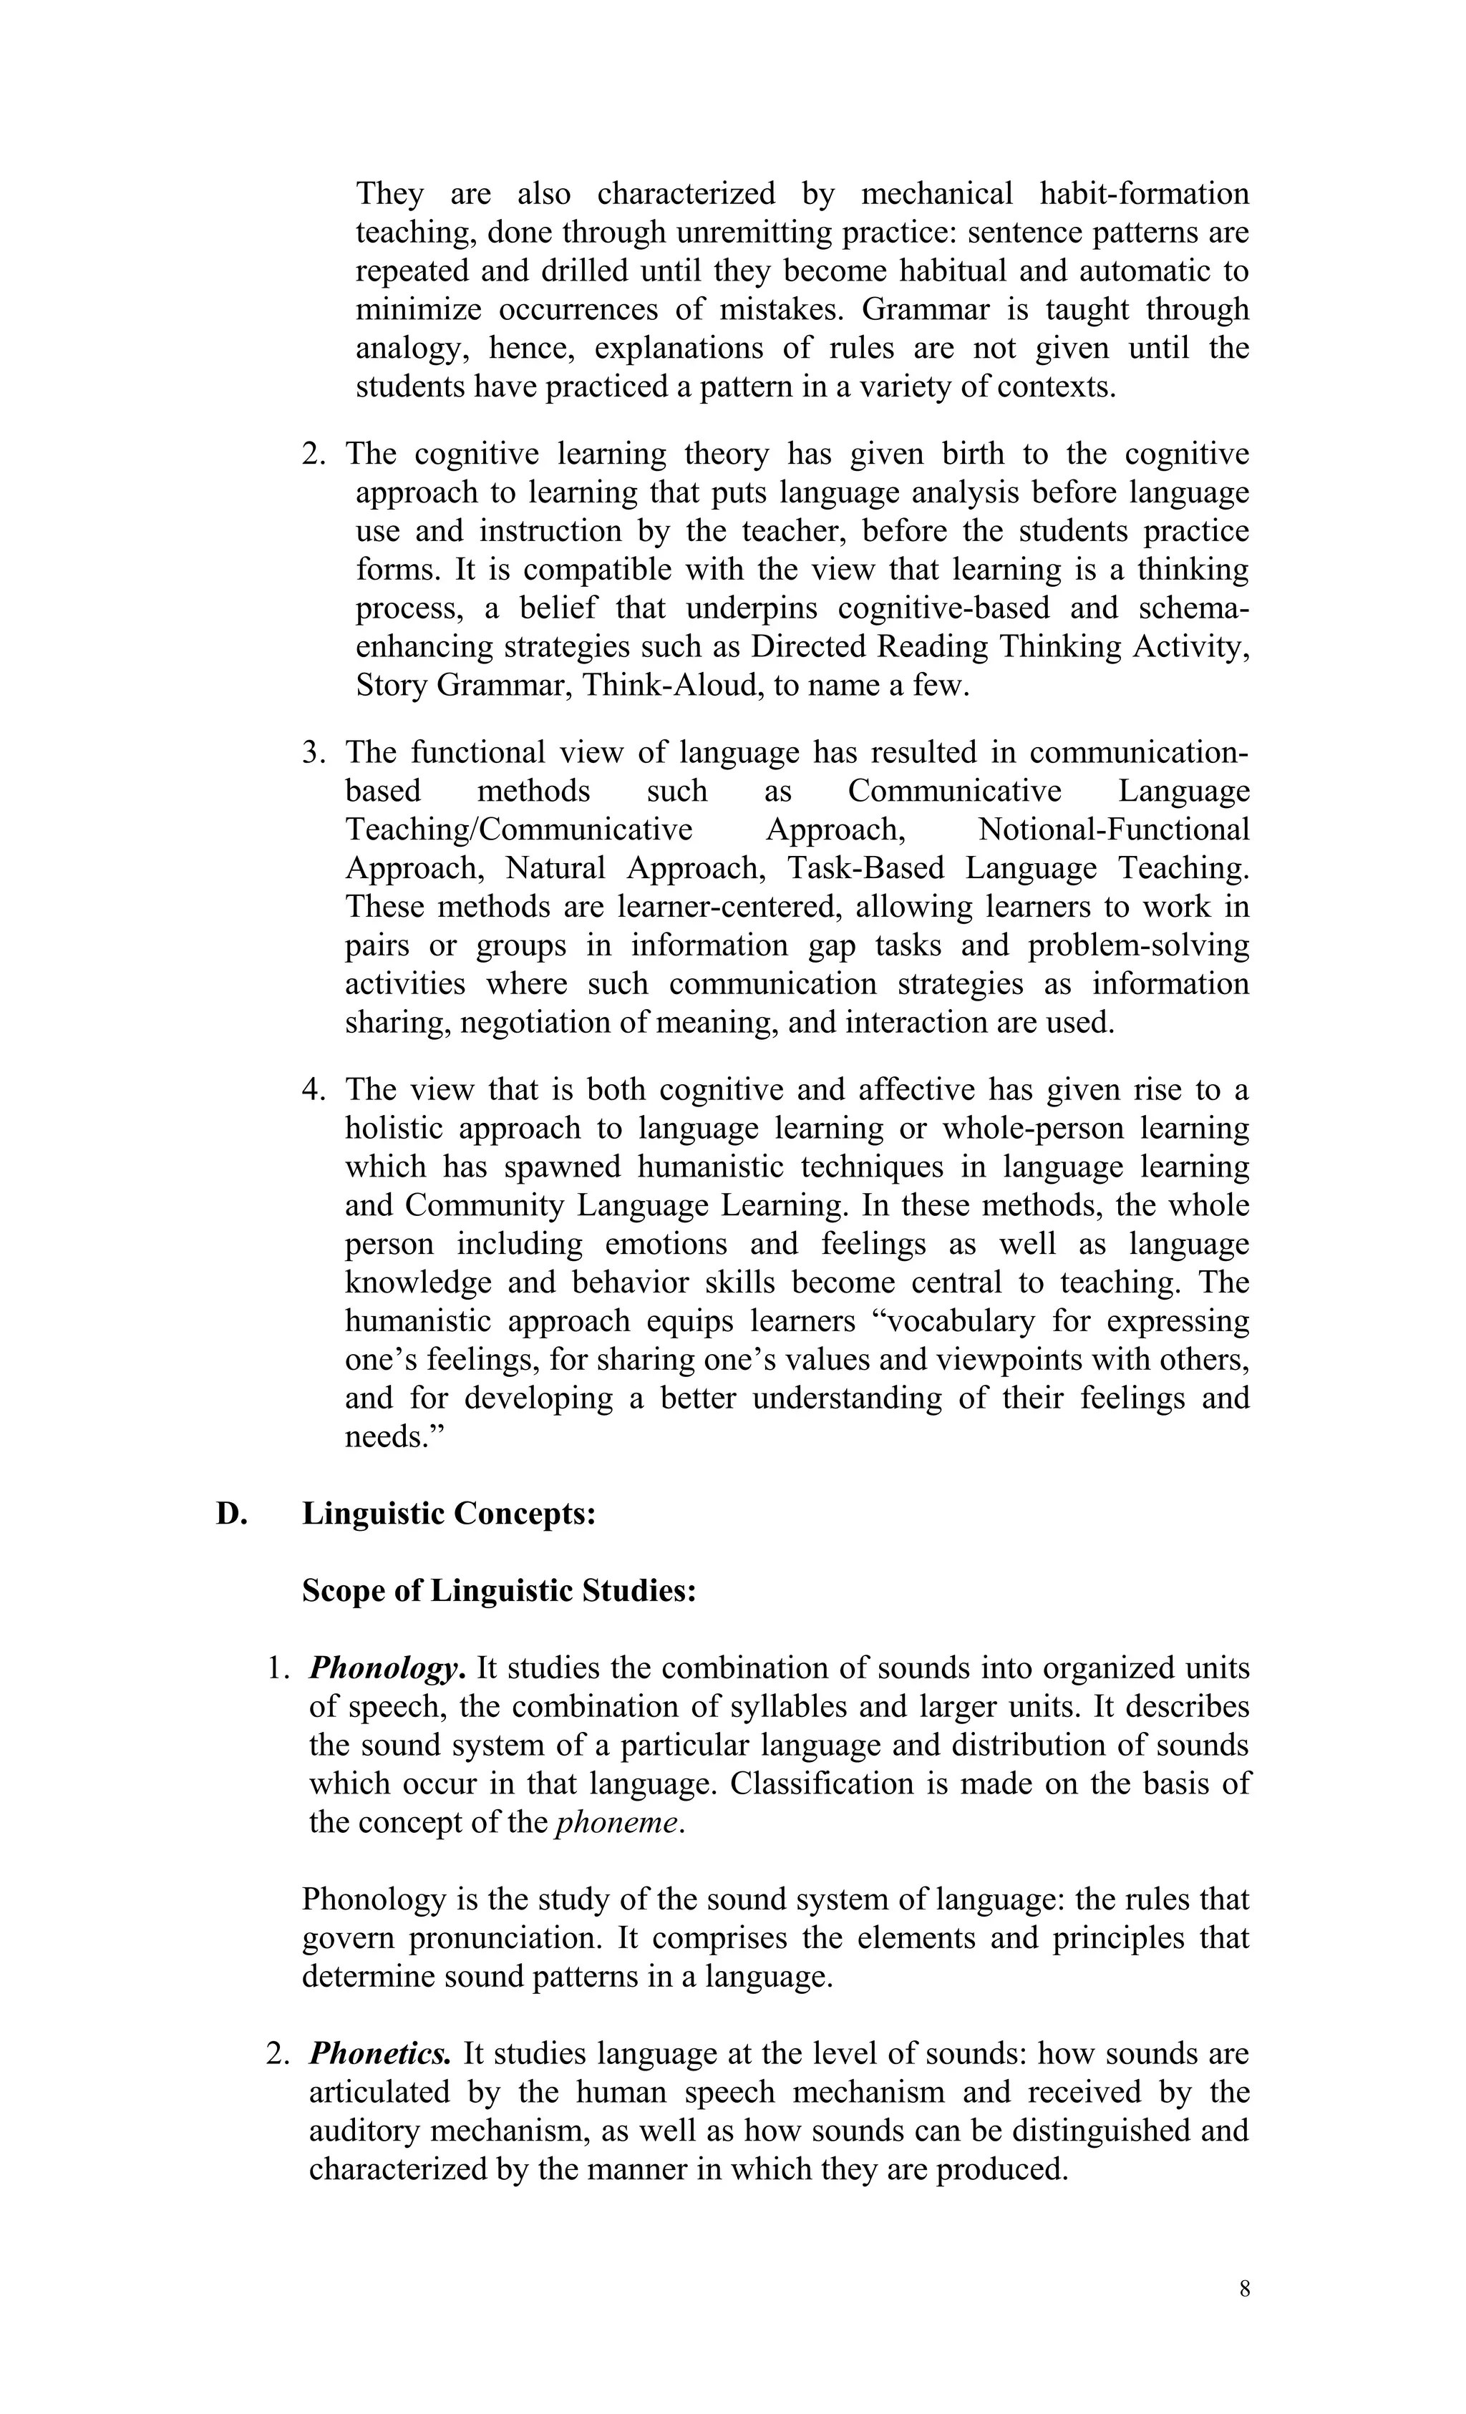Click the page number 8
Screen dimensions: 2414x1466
(1243, 2289)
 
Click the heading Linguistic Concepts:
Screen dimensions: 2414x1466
(449, 1514)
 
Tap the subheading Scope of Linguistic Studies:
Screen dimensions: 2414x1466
(499, 1590)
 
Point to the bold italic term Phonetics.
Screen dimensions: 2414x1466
(380, 2053)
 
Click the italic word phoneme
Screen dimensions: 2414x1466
(616, 1822)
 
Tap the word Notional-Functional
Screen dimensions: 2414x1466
(1113, 829)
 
